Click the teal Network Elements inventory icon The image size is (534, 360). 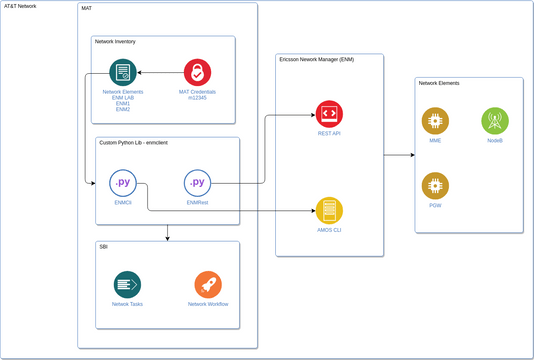(x=123, y=72)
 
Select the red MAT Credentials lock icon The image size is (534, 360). (x=197, y=72)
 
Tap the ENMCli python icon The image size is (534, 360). (x=123, y=184)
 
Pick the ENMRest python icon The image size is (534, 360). (x=197, y=184)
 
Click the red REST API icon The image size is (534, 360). (x=329, y=113)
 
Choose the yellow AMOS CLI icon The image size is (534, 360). (x=329, y=210)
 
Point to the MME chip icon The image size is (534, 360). (x=435, y=121)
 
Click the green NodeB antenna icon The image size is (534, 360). (x=494, y=121)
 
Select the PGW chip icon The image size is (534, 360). (x=435, y=185)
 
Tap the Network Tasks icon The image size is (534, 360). (x=127, y=284)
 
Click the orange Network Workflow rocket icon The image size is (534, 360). (x=208, y=284)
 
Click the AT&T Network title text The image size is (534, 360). (x=20, y=6)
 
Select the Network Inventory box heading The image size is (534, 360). (x=115, y=42)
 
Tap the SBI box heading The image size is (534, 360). (x=103, y=245)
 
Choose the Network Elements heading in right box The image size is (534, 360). (x=439, y=83)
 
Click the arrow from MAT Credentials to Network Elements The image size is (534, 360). (x=160, y=72)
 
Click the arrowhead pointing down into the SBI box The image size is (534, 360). (x=167, y=237)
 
